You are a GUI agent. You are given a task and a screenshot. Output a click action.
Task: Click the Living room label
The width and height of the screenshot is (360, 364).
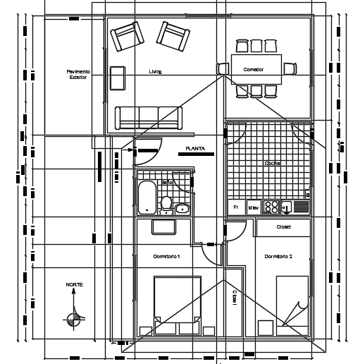156,72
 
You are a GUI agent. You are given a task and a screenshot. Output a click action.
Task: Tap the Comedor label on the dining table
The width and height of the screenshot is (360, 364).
254,70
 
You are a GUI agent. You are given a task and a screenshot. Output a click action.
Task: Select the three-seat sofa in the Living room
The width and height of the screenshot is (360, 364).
149,117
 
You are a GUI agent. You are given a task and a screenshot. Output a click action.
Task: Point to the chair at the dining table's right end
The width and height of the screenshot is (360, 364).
290,69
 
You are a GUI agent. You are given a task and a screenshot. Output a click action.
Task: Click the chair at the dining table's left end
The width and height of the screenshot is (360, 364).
223,69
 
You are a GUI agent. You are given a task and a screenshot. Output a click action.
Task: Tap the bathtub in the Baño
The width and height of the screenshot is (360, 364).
147,198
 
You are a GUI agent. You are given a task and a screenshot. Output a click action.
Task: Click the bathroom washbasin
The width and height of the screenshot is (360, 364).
183,208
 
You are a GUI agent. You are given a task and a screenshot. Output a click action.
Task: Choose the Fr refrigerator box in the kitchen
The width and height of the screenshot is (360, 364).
235,207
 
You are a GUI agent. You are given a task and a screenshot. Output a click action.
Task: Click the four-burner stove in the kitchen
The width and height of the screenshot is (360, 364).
271,207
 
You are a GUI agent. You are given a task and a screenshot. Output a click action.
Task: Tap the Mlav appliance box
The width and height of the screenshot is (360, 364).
252,207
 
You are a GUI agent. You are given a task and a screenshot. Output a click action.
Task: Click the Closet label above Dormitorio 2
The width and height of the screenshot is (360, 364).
283,227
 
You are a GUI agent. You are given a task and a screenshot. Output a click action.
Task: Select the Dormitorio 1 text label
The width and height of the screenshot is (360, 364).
167,256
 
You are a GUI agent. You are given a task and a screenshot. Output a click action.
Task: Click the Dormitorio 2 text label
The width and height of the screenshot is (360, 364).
278,256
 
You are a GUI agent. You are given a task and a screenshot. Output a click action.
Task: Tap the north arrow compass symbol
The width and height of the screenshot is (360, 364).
73,319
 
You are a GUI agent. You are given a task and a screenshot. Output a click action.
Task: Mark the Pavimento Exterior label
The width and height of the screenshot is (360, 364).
78,74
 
